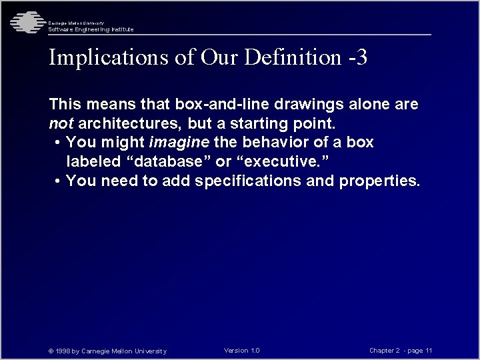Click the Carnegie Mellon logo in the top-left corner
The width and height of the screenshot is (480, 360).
tap(25, 23)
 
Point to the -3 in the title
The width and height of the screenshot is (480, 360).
tap(357, 57)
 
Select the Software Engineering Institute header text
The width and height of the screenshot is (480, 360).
tap(91, 29)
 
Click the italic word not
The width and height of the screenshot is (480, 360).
tap(61, 123)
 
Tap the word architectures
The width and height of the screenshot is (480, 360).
tap(131, 123)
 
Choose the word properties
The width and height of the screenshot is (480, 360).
tap(379, 180)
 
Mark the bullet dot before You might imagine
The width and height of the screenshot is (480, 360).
tap(59, 143)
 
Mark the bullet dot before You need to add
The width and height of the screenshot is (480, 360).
tap(59, 181)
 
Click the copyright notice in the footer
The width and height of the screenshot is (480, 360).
tap(107, 351)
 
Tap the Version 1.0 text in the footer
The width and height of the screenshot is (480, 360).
tap(242, 350)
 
